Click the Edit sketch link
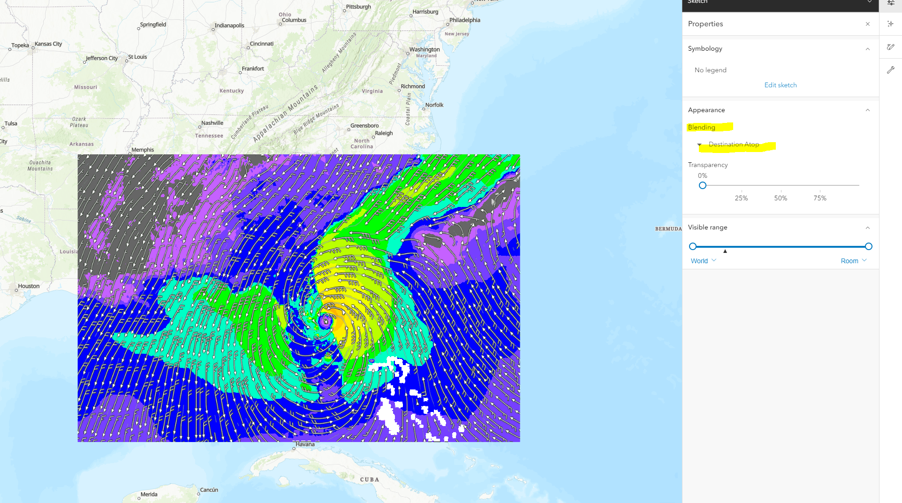[780, 85]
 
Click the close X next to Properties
[867, 24]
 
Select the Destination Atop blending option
[733, 145]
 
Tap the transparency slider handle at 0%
[702, 185]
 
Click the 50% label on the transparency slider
[780, 198]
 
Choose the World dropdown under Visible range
[703, 261]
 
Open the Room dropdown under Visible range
[853, 261]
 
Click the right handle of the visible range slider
[868, 246]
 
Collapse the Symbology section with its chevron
[867, 49]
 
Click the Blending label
[701, 127]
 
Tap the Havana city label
[305, 444]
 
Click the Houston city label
[29, 286]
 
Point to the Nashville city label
[212, 123]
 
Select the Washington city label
[424, 49]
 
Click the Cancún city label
[209, 490]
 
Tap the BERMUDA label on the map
[668, 229]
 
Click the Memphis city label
[143, 150]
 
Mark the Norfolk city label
[434, 105]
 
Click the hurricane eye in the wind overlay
[326, 321]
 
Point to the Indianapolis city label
[229, 25]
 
